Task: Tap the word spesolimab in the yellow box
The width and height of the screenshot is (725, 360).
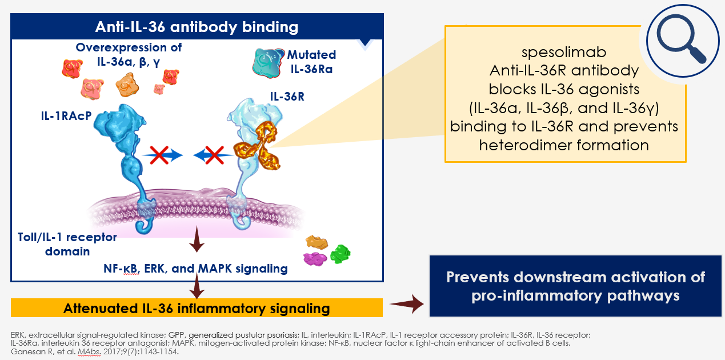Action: point(564,52)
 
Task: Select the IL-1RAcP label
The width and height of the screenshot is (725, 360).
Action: point(66,116)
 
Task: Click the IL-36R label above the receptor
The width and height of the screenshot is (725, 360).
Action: point(287,97)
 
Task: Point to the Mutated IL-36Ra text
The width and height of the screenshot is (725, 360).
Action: point(311,62)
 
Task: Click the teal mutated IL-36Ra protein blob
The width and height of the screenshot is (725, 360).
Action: point(267,63)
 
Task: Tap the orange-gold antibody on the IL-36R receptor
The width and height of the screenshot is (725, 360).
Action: point(258,146)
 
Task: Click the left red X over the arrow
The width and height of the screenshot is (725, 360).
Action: point(159,155)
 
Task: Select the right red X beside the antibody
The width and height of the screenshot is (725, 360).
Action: point(214,155)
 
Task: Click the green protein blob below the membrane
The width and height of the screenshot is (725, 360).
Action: point(340,254)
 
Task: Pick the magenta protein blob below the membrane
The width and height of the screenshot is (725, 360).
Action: point(315,259)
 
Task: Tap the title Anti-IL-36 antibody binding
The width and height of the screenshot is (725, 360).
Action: point(197,27)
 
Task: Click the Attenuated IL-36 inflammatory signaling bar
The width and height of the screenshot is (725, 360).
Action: point(197,308)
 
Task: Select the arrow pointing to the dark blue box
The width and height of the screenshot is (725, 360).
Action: point(407,303)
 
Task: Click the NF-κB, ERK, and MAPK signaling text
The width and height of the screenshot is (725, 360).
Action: point(195,269)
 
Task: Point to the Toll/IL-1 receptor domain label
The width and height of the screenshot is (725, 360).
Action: point(67,244)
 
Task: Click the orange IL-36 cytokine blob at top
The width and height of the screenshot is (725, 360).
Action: point(127,85)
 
